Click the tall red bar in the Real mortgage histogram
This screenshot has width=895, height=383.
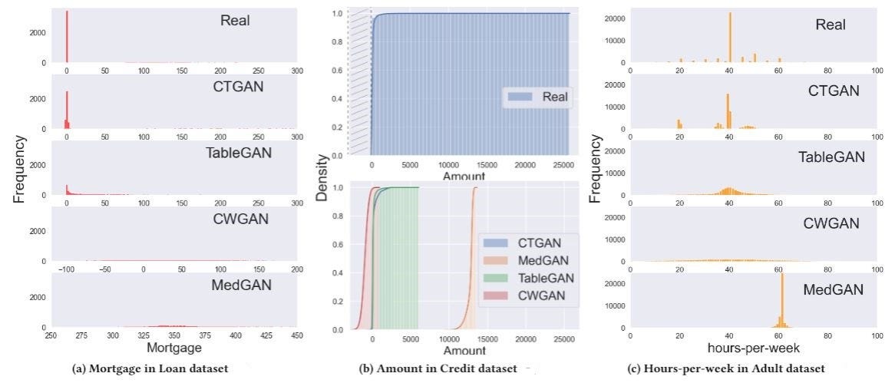tap(67, 36)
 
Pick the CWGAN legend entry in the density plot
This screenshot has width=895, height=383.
tap(525, 296)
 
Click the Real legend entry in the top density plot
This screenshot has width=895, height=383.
tap(537, 97)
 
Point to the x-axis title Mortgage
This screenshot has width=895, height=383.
tap(174, 347)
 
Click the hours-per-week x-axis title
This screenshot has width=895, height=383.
tap(754, 347)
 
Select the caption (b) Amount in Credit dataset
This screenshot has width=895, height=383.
tap(438, 368)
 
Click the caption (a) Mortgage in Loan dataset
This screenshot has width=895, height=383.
tap(150, 368)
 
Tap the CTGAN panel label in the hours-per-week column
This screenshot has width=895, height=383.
tap(834, 91)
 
